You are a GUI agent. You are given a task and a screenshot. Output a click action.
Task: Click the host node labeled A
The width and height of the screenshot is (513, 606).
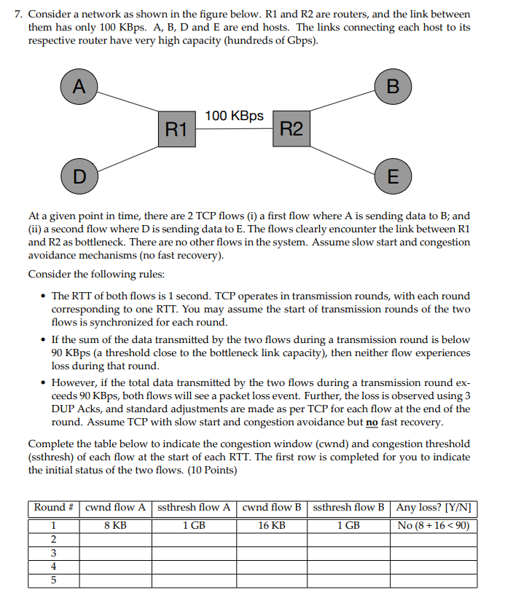79,87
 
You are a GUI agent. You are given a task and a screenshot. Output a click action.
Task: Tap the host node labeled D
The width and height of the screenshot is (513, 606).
79,176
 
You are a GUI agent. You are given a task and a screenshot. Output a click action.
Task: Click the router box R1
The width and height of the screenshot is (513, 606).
176,130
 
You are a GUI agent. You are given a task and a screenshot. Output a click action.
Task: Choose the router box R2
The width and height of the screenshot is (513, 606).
291,130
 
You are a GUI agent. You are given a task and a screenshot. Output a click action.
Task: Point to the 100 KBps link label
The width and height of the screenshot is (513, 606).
234,116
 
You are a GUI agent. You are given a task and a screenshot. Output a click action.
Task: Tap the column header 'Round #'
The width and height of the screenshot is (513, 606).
54,508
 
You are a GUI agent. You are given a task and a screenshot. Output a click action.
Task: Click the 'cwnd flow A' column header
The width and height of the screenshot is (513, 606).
115,508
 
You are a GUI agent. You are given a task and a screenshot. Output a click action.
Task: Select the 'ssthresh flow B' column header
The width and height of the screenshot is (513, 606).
348,508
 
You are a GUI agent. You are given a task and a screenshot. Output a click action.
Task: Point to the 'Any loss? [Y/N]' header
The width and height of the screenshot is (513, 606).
434,508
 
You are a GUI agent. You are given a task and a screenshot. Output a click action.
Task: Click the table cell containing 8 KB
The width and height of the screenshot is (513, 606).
115,525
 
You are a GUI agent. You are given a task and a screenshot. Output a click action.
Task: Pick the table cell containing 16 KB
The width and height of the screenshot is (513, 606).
272,525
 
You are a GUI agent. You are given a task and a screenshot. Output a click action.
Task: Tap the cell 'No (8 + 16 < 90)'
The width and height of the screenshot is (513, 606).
434,525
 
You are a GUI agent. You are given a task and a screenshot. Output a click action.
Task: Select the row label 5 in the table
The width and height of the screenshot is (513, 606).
53,581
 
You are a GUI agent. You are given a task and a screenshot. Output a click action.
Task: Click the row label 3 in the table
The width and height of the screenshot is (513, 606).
53,553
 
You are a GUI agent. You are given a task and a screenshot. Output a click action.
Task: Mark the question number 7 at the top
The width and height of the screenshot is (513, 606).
19,15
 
